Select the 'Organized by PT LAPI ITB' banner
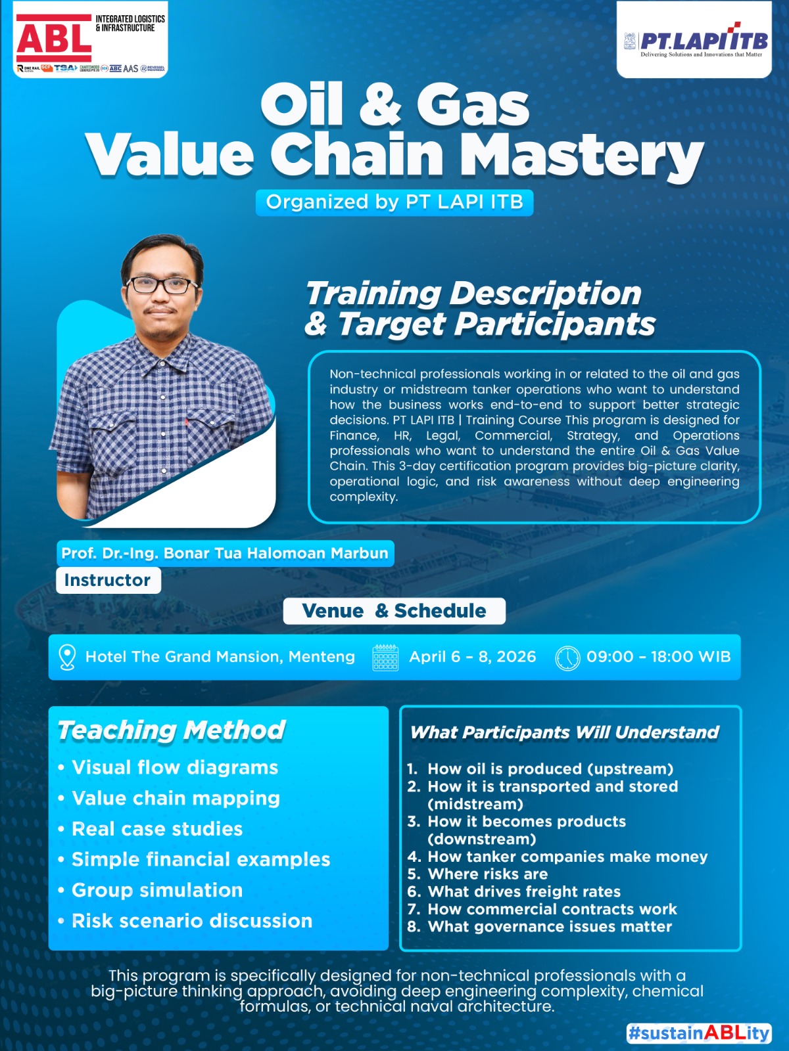394,202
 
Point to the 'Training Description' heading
473,293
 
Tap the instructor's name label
225,553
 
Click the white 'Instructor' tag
108,581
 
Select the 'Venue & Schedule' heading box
394,611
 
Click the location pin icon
67,657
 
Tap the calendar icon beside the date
385,657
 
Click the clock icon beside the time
567,658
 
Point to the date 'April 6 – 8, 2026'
472,657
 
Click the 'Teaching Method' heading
172,730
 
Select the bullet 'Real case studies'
157,829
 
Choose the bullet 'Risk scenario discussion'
192,921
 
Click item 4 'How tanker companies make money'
567,857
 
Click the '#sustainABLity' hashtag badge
698,1033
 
